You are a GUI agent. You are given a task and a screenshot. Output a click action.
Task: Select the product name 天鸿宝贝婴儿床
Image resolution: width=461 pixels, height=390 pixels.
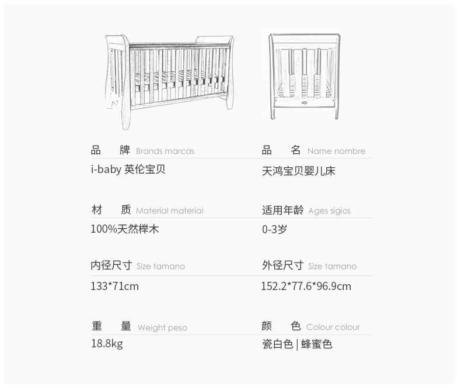coord(298,171)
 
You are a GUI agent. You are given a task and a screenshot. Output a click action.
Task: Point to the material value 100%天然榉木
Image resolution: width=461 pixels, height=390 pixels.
coord(124,229)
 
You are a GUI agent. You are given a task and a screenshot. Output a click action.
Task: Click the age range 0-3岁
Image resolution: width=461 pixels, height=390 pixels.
coord(274,229)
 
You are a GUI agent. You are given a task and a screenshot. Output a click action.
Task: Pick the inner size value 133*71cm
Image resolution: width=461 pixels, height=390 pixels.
coord(114,286)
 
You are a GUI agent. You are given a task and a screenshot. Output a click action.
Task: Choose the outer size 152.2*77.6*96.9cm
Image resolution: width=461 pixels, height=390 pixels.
coord(306,286)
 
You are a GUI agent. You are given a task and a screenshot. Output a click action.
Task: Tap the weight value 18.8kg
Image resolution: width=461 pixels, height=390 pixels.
coord(106,343)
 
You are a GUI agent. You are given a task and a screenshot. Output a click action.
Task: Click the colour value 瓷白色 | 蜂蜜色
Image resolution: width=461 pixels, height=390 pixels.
coord(297,344)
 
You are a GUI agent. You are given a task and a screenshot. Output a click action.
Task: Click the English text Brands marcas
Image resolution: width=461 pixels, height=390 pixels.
coord(165,151)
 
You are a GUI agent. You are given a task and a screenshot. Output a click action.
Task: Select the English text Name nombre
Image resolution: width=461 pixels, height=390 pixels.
coord(336,151)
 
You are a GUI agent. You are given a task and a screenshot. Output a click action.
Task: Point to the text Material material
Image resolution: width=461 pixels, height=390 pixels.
coord(169,210)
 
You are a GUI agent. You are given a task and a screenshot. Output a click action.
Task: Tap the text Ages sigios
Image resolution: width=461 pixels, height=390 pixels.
coord(329,210)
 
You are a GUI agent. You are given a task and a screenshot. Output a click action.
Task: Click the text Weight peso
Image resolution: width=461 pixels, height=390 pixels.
coord(162,327)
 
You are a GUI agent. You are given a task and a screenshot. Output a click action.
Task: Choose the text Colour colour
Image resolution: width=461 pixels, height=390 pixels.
coord(333,327)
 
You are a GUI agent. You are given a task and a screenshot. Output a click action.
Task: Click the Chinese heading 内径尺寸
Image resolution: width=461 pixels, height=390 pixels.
coord(111,265)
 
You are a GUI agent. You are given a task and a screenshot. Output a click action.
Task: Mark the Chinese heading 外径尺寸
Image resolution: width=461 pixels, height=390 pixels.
coord(282,265)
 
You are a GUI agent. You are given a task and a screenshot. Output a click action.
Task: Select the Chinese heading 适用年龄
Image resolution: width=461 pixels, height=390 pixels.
coord(282,210)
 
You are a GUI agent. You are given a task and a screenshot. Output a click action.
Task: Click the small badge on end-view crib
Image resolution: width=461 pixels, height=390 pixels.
coord(304,102)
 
